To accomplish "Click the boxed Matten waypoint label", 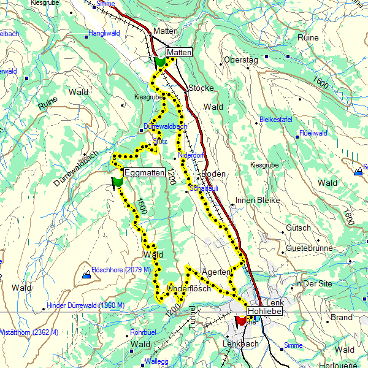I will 179,52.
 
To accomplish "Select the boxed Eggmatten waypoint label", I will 145,173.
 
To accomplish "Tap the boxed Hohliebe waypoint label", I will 264,312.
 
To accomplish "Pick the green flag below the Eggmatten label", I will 117,182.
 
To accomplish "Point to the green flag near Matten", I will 160,62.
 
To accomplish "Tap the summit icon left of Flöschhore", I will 86,275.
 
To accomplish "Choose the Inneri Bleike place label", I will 258,201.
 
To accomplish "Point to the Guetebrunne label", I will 309,248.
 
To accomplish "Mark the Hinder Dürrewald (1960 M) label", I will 85,305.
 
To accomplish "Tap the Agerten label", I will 215,271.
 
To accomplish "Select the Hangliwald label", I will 104,33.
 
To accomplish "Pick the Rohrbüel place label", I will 140,332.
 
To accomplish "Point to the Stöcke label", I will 201,88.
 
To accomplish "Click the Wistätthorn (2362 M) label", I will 29,332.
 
